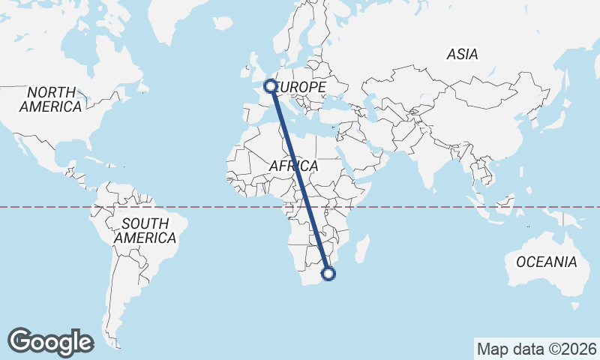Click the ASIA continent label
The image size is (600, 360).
click(462, 54)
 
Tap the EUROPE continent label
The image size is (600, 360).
click(301, 88)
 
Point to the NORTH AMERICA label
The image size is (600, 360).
click(51, 100)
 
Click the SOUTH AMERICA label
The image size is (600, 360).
click(145, 230)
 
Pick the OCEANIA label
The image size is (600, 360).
click(546, 262)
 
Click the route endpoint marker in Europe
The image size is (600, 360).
click(270, 86)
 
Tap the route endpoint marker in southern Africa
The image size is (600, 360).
click(328, 274)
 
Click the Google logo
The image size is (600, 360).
click(51, 341)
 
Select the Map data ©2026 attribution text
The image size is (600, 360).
click(536, 349)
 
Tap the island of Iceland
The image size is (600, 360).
click(223, 25)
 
